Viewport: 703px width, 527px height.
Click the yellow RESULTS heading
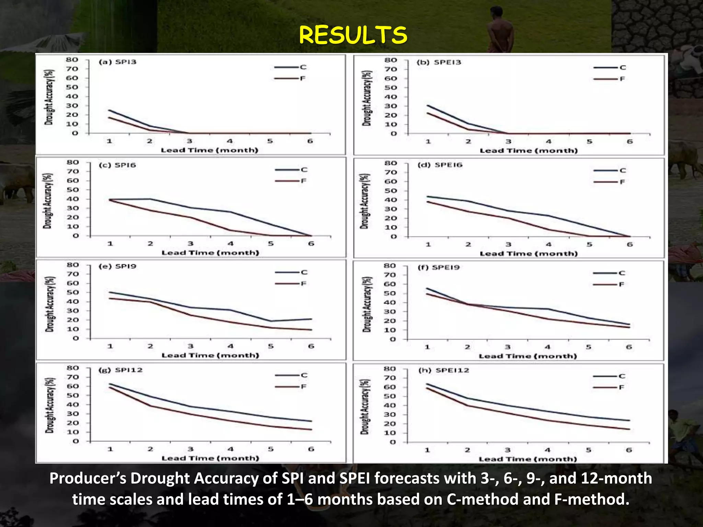point(353,35)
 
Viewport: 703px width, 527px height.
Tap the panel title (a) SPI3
point(118,62)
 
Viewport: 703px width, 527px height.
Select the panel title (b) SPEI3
point(439,62)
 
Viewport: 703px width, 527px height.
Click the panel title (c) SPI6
point(117,165)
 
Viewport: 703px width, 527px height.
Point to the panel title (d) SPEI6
point(440,165)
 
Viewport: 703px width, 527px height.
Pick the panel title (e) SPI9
point(117,267)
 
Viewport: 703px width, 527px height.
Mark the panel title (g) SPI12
point(120,370)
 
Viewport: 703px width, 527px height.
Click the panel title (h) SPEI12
point(443,371)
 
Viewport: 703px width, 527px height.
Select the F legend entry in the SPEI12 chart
point(621,388)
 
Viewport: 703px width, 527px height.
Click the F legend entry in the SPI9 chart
point(303,284)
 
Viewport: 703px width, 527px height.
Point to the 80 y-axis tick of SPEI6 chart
point(391,163)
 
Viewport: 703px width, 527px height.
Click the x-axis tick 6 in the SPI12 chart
point(311,449)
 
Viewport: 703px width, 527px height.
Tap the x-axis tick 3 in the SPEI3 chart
point(508,142)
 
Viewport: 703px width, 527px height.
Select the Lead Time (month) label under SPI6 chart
point(210,253)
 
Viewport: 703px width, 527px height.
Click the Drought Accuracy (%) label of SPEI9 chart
point(367,304)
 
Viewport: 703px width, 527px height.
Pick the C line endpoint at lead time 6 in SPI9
point(311,319)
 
